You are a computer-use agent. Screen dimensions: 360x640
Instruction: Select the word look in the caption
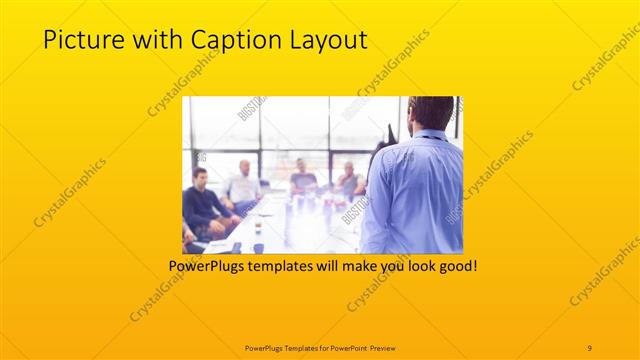413,267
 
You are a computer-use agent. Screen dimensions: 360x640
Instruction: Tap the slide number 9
590,346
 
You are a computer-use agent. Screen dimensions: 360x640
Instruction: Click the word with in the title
148,40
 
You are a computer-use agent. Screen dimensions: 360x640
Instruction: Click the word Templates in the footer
293,346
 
